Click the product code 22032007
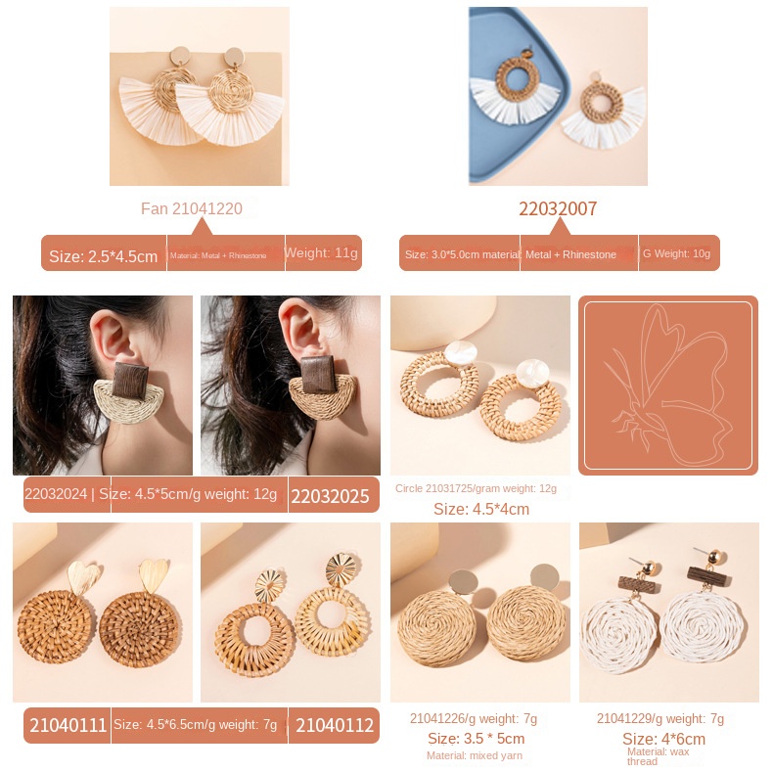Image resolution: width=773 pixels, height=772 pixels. pyautogui.click(x=558, y=208)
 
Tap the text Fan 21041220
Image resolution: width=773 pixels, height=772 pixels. pyautogui.click(x=192, y=208)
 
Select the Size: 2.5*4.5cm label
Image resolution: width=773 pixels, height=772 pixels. pyautogui.click(x=103, y=256)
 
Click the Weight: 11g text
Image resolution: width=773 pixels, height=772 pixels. pyautogui.click(x=322, y=252)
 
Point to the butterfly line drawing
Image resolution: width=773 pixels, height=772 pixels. pyautogui.click(x=668, y=385)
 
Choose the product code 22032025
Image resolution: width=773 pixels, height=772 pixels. pyautogui.click(x=331, y=497)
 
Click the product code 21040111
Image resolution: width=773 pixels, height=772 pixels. pyautogui.click(x=68, y=725)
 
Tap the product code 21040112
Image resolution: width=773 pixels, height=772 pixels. pyautogui.click(x=335, y=725)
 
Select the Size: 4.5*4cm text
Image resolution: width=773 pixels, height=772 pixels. pyautogui.click(x=480, y=509)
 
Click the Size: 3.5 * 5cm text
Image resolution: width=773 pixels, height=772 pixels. pyautogui.click(x=476, y=739)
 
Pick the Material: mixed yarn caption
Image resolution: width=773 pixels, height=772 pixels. pyautogui.click(x=475, y=755)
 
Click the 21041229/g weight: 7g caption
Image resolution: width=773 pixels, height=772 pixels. pyautogui.click(x=660, y=718)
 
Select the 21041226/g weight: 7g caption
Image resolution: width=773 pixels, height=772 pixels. pyautogui.click(x=474, y=718)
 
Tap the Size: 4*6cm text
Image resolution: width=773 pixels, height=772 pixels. pyautogui.click(x=663, y=739)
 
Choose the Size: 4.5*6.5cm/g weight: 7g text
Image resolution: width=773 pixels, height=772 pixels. pyautogui.click(x=196, y=725)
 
